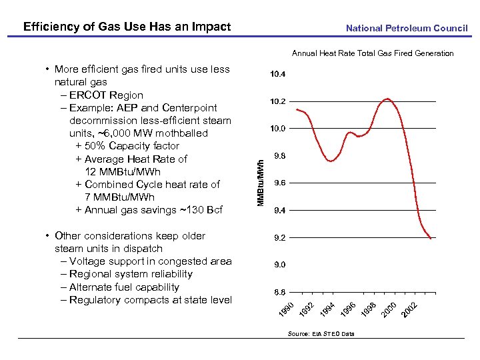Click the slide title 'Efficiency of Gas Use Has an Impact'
(127, 27)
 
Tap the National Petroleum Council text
(407, 29)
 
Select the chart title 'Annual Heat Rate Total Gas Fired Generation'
(373, 53)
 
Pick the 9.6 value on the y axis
(279, 183)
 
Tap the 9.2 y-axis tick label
(279, 237)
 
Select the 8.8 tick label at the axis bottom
(279, 292)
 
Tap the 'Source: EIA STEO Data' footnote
(321, 333)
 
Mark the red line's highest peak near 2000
(387, 99)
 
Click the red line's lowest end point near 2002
(431, 238)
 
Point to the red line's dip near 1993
(330, 161)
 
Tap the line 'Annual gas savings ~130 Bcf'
(154, 210)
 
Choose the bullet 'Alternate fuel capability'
(124, 287)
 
